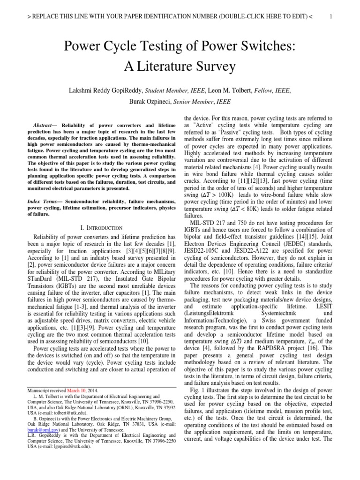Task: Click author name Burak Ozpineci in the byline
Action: click(152, 101)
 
